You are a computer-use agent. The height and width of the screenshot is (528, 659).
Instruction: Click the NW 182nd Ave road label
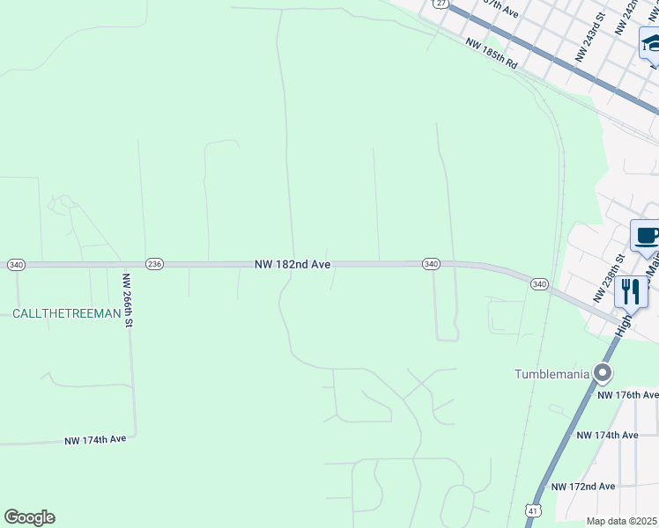point(292,264)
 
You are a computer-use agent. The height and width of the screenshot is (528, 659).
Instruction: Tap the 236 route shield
point(154,264)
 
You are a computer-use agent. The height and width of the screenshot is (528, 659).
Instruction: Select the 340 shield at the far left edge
point(16,264)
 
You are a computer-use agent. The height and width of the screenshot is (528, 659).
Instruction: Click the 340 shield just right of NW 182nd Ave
point(431,264)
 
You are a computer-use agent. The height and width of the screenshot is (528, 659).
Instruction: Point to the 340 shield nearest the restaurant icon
point(540,283)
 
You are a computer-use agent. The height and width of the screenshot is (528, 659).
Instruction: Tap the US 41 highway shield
point(533,510)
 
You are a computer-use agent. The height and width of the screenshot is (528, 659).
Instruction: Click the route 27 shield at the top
point(441,4)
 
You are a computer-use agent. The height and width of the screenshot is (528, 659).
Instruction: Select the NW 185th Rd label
point(491,55)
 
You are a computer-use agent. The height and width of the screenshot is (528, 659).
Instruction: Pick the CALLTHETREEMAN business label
point(66,313)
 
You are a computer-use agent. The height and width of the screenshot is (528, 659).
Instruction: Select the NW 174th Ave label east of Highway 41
point(606,436)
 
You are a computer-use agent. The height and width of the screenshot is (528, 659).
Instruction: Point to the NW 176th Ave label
point(627,395)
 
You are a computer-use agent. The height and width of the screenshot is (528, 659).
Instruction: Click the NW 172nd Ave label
point(583,487)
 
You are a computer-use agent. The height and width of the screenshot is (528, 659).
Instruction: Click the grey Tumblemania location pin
point(603,374)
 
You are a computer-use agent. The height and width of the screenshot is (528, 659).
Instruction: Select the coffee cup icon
point(646,236)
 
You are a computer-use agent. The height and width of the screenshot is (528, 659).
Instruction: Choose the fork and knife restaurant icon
point(631,292)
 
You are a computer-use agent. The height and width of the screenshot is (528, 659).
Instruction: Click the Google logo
point(29,517)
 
